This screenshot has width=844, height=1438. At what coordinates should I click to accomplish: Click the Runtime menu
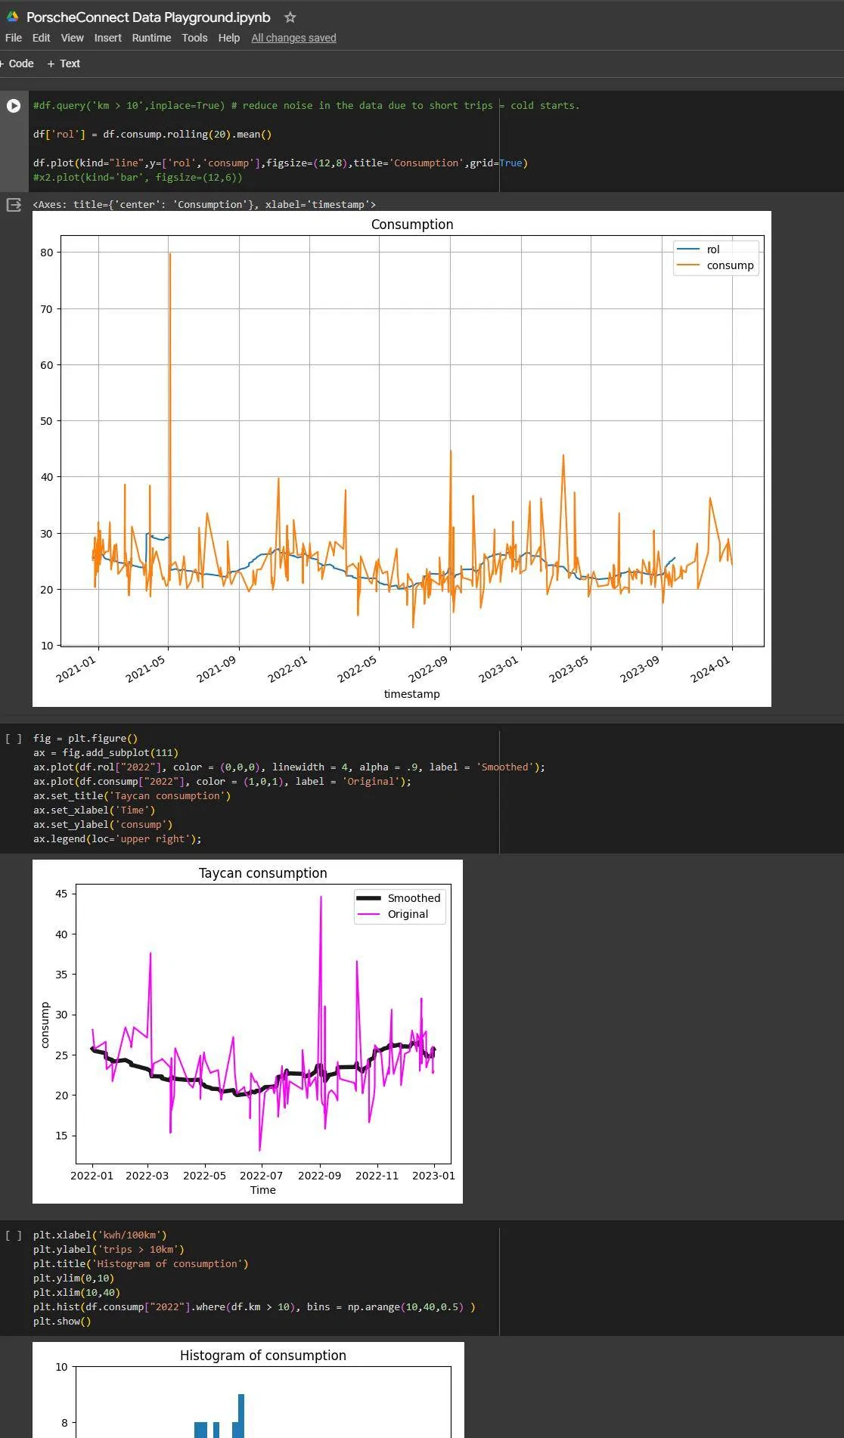click(x=151, y=38)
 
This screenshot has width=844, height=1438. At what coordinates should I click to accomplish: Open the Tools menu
click(x=194, y=38)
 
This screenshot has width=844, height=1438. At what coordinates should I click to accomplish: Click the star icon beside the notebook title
click(x=290, y=17)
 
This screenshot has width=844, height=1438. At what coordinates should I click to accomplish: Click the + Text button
click(x=64, y=64)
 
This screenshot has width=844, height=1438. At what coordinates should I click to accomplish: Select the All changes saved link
click(x=293, y=38)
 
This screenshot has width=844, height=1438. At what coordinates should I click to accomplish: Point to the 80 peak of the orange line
click(x=170, y=254)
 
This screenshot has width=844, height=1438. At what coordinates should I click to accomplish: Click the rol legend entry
click(x=712, y=249)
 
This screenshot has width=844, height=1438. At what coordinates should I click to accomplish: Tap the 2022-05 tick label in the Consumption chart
click(x=357, y=669)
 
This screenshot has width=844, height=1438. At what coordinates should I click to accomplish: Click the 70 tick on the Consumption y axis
click(x=47, y=308)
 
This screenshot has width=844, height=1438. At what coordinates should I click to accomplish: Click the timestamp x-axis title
click(x=411, y=693)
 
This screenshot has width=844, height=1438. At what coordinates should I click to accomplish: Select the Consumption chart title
click(x=412, y=225)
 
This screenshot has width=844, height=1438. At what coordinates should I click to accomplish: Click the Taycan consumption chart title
click(x=262, y=873)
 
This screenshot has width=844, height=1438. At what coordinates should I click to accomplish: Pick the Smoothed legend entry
click(x=413, y=898)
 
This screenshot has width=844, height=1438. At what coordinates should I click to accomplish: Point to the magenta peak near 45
click(x=321, y=898)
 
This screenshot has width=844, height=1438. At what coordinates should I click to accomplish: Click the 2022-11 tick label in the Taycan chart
click(x=377, y=1176)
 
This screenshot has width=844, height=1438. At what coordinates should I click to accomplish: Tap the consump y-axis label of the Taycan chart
click(x=45, y=1024)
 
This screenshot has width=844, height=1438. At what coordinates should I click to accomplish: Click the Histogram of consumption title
click(x=262, y=1356)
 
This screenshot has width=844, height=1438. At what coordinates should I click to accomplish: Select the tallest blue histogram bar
click(x=241, y=1414)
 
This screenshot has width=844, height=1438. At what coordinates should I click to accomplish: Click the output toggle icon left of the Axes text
click(x=14, y=205)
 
